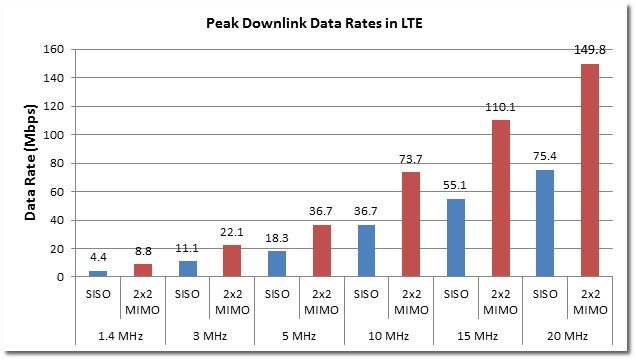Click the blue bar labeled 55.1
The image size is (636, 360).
click(x=456, y=237)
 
